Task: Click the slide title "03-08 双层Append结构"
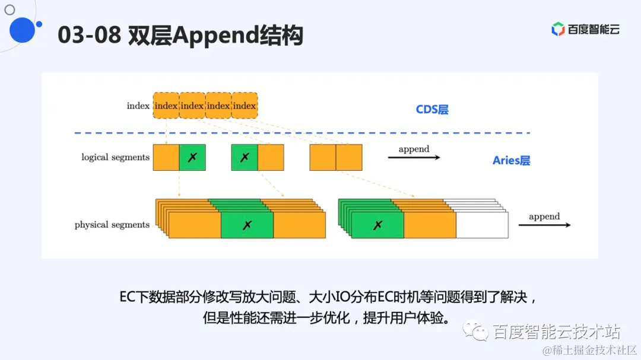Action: pyautogui.click(x=180, y=36)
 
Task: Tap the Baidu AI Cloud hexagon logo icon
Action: pyautogui.click(x=557, y=29)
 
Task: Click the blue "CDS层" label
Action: pyautogui.click(x=432, y=110)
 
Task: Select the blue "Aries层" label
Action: pyautogui.click(x=511, y=161)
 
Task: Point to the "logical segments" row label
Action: pyautogui.click(x=115, y=157)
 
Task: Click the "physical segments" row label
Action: pyautogui.click(x=112, y=225)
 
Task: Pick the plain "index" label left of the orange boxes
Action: pyautogui.click(x=138, y=106)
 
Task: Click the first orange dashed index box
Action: pyautogui.click(x=166, y=106)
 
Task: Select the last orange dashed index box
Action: pyautogui.click(x=245, y=106)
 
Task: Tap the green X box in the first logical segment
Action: pyautogui.click(x=192, y=158)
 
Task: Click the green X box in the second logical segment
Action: pyautogui.click(x=245, y=158)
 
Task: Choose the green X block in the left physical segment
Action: pyautogui.click(x=247, y=225)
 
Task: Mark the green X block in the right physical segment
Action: pyautogui.click(x=377, y=225)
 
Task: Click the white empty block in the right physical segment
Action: pyautogui.click(x=482, y=225)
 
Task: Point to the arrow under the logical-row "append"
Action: pyautogui.click(x=414, y=158)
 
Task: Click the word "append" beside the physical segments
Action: pyautogui.click(x=544, y=216)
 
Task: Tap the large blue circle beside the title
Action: pyautogui.click(x=23, y=30)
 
